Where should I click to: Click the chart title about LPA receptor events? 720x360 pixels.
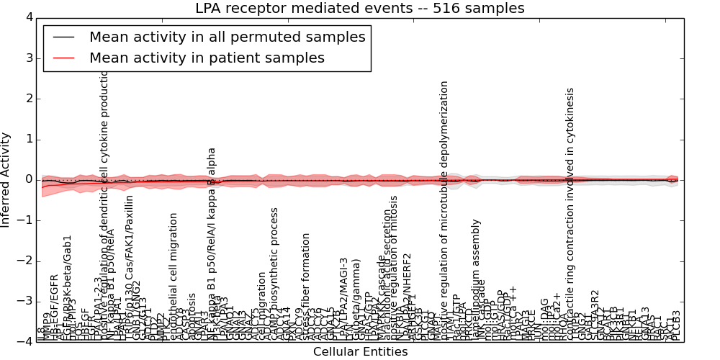360,9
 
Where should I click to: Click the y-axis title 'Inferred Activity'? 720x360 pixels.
6,179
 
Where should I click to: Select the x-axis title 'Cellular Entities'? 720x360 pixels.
360,352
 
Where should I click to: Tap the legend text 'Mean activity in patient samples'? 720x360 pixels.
207,58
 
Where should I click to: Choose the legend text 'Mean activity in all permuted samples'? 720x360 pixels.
227,37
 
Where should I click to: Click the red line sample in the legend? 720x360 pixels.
63,58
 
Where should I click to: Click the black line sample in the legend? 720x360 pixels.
63,37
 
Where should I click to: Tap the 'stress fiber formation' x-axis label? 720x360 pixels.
306,287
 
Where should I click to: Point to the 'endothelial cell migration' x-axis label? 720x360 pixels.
174,276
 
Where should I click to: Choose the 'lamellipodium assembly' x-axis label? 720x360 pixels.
475,281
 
